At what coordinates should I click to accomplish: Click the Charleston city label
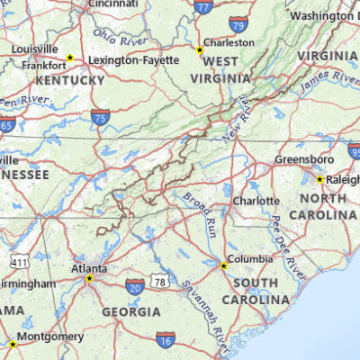click(229, 41)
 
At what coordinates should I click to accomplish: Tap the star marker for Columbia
click(223, 265)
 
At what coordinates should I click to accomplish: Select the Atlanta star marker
click(89, 278)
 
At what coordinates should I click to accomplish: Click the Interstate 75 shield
click(101, 116)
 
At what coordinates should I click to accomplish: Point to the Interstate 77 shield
click(203, 8)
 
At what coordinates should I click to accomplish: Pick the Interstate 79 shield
click(238, 23)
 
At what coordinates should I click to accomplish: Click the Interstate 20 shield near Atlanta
click(135, 288)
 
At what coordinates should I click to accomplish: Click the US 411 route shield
click(20, 262)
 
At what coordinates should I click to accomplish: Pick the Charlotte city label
click(256, 200)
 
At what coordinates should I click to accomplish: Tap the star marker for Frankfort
click(70, 58)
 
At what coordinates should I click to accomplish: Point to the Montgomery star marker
click(13, 343)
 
